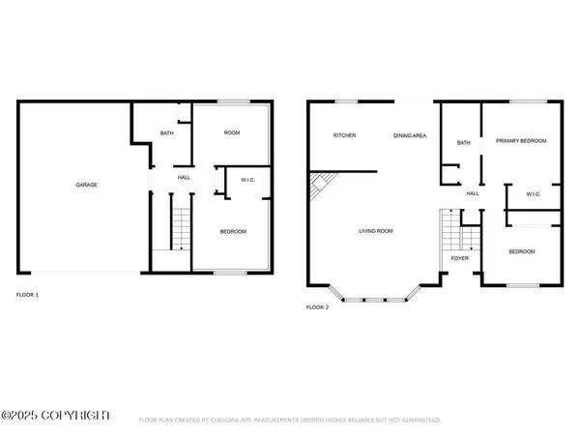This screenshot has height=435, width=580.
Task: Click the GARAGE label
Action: [87, 185]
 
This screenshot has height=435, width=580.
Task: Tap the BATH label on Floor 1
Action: [166, 134]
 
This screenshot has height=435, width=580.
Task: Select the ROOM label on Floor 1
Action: [232, 132]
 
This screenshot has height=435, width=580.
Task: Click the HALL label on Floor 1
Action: [184, 178]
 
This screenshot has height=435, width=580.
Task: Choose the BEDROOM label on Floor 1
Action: [233, 231]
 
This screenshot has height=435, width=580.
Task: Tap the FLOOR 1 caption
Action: [29, 294]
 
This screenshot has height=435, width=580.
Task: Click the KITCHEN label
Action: [345, 135]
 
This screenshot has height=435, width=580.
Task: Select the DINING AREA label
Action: [410, 135]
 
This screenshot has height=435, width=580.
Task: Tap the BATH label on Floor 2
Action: [464, 143]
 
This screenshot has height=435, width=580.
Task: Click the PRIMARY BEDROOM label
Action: [521, 141]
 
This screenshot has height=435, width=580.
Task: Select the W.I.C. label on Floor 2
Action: [533, 193]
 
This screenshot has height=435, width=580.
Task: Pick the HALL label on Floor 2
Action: [474, 193]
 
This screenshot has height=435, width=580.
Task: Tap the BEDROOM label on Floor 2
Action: [522, 251]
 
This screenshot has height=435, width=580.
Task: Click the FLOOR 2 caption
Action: [318, 306]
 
